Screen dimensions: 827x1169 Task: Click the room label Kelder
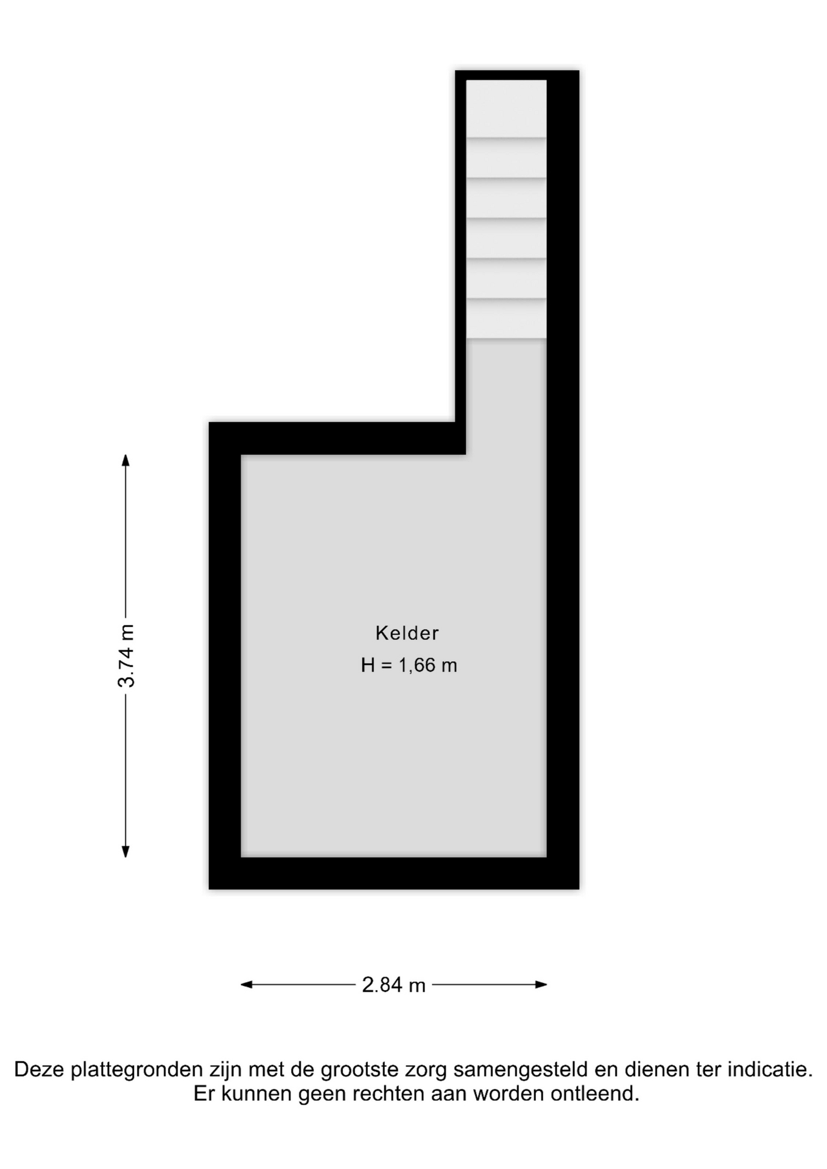pos(407,633)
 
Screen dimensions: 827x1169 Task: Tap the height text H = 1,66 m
pos(409,665)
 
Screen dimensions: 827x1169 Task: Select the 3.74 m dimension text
pos(126,656)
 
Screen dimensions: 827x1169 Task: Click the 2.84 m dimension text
pos(393,985)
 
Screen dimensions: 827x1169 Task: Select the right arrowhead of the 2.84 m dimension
pos(541,985)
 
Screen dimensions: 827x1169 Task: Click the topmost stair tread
pos(506,108)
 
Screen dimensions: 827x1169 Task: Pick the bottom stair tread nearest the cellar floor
pos(506,318)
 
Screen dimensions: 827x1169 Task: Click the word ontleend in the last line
pos(595,1094)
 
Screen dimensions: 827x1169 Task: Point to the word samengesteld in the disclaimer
pos(521,1070)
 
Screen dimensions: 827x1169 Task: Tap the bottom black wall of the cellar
pos(394,873)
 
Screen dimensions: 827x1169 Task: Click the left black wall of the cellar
pos(225,656)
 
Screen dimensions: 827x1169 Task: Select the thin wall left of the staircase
pos(460,262)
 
